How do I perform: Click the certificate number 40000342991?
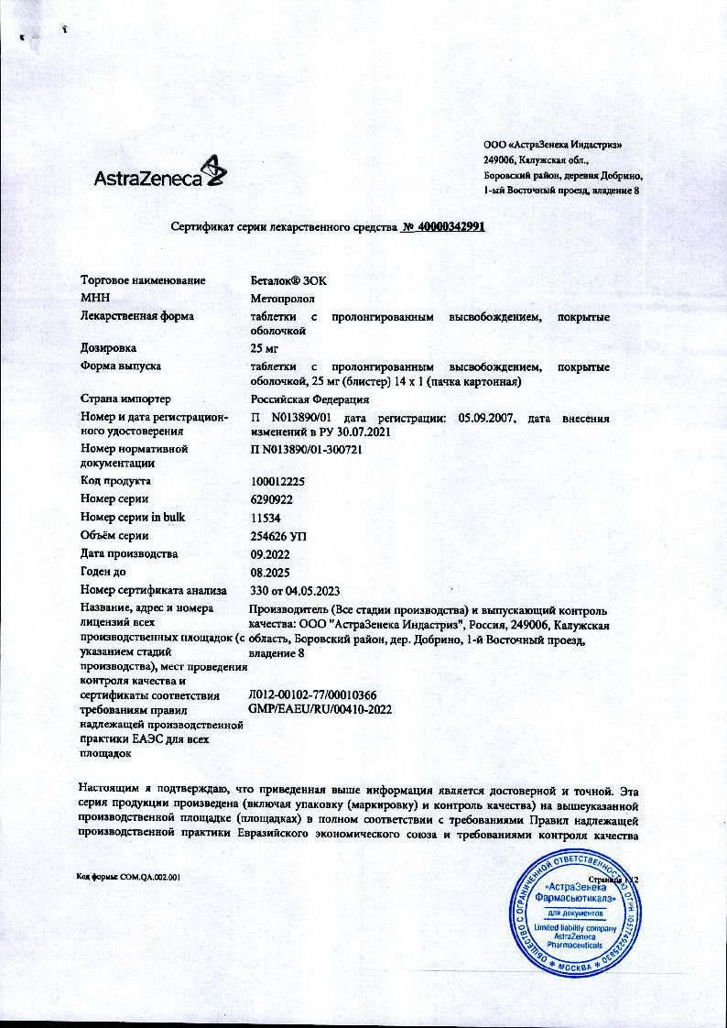click(x=443, y=228)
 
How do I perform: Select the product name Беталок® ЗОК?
click(x=288, y=280)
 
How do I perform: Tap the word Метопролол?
click(x=282, y=298)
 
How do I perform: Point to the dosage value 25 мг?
click(x=266, y=348)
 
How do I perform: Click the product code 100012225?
click(x=277, y=481)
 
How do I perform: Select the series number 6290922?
click(x=272, y=499)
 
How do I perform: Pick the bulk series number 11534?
click(x=265, y=518)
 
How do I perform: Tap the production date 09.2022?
click(x=269, y=554)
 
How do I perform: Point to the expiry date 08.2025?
click(x=269, y=572)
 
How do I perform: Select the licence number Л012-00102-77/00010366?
click(x=312, y=695)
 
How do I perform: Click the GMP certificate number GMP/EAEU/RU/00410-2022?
click(x=314, y=708)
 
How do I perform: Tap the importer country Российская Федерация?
click(x=310, y=399)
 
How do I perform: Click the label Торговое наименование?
click(x=143, y=280)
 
